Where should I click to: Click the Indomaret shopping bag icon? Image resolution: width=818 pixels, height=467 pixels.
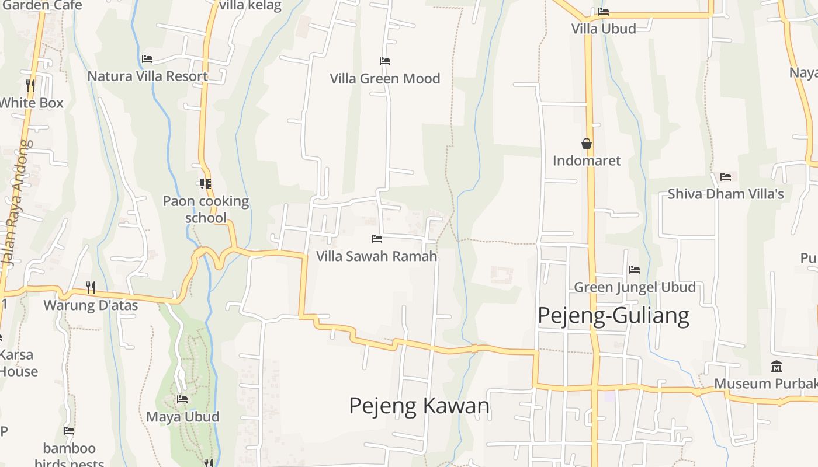click(x=587, y=144)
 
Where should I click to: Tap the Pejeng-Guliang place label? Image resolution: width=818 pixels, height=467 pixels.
click(x=613, y=315)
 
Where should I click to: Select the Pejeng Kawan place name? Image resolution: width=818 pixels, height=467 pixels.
click(x=419, y=405)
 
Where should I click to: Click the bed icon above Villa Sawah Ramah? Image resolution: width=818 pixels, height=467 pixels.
click(x=377, y=239)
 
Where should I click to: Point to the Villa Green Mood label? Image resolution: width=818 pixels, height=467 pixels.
click(x=384, y=78)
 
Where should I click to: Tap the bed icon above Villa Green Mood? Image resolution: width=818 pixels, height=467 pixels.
click(x=384, y=61)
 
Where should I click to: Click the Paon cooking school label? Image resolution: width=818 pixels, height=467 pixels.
click(x=206, y=210)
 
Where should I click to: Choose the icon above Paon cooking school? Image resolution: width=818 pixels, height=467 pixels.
click(x=205, y=184)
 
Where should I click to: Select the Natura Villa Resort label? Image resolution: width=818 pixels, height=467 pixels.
click(x=147, y=76)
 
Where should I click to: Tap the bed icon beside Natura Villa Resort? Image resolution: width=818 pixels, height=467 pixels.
click(x=147, y=59)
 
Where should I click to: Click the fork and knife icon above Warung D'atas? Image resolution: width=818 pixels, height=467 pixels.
click(x=91, y=287)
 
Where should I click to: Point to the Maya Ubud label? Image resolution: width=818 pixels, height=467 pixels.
click(x=182, y=417)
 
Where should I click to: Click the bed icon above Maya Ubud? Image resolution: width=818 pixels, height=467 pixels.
click(x=182, y=399)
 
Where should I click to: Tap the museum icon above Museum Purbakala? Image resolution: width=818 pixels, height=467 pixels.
click(x=777, y=367)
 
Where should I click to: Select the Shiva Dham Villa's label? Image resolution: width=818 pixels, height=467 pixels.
click(x=726, y=194)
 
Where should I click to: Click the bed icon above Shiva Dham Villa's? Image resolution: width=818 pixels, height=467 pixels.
click(x=726, y=176)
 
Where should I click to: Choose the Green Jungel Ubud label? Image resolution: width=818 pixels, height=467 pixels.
click(x=635, y=287)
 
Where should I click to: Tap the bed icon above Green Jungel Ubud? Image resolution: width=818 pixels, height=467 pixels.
click(x=635, y=270)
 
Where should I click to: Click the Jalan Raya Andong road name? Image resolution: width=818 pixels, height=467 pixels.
click(x=18, y=204)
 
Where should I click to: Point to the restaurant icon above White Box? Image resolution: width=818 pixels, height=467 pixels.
click(x=30, y=86)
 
